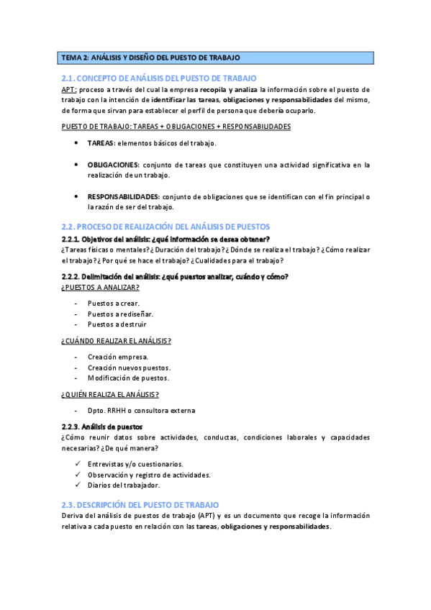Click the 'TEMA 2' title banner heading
[150, 58]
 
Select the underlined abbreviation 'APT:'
[70, 89]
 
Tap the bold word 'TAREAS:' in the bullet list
[101, 143]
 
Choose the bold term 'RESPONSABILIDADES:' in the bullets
[123, 196]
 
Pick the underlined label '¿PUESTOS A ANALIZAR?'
[101, 287]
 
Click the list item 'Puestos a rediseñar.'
[120, 314]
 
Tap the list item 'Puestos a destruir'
[117, 324]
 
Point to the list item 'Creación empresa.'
[118, 357]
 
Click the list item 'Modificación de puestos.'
[129, 378]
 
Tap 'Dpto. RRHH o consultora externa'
[141, 410]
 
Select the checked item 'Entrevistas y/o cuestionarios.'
[135, 464]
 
